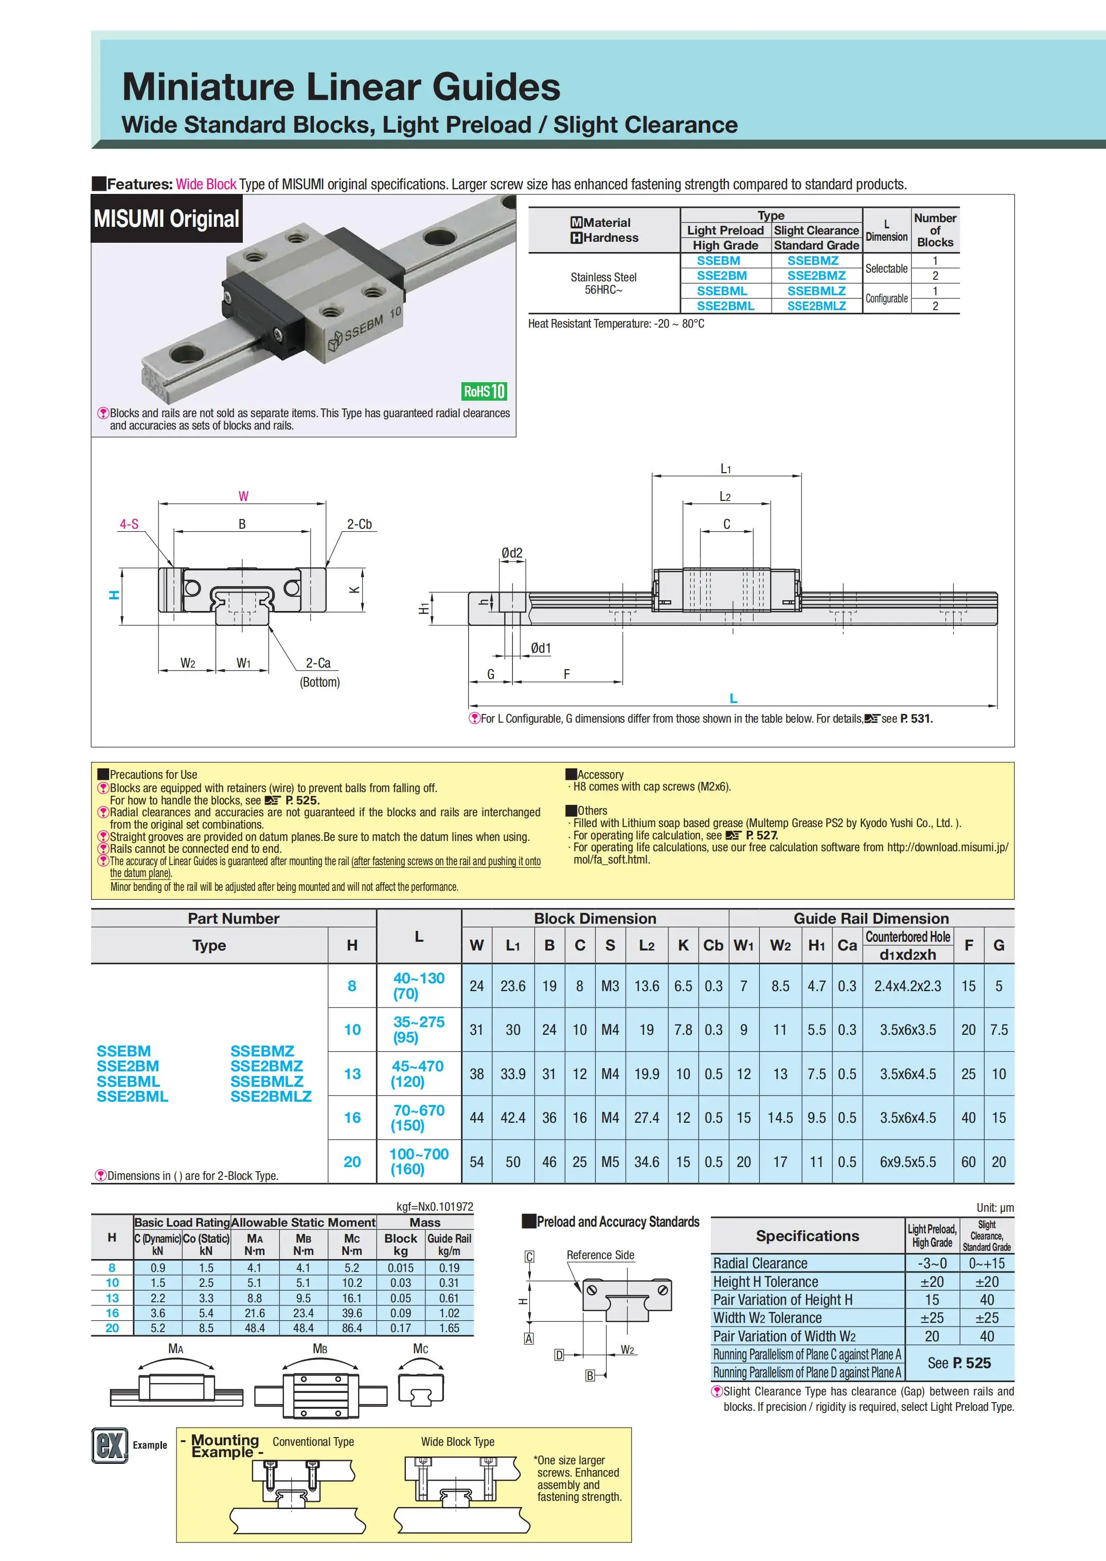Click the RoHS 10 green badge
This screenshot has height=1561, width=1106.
pyautogui.click(x=484, y=391)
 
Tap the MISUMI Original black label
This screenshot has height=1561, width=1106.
pyautogui.click(x=167, y=219)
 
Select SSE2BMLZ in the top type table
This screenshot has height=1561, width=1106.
pyautogui.click(x=816, y=306)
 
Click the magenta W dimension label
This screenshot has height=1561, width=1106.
pyautogui.click(x=243, y=496)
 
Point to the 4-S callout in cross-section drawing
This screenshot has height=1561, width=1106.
pyautogui.click(x=129, y=524)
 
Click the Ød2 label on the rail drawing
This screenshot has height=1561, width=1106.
pyautogui.click(x=511, y=553)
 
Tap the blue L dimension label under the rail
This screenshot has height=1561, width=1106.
pyautogui.click(x=733, y=698)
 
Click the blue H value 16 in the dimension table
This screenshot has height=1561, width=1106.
pyautogui.click(x=352, y=1118)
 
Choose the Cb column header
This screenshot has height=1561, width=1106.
pyautogui.click(x=713, y=945)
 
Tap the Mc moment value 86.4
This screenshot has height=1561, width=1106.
pyautogui.click(x=352, y=1327)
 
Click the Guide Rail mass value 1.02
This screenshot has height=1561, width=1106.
pyautogui.click(x=449, y=1313)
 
